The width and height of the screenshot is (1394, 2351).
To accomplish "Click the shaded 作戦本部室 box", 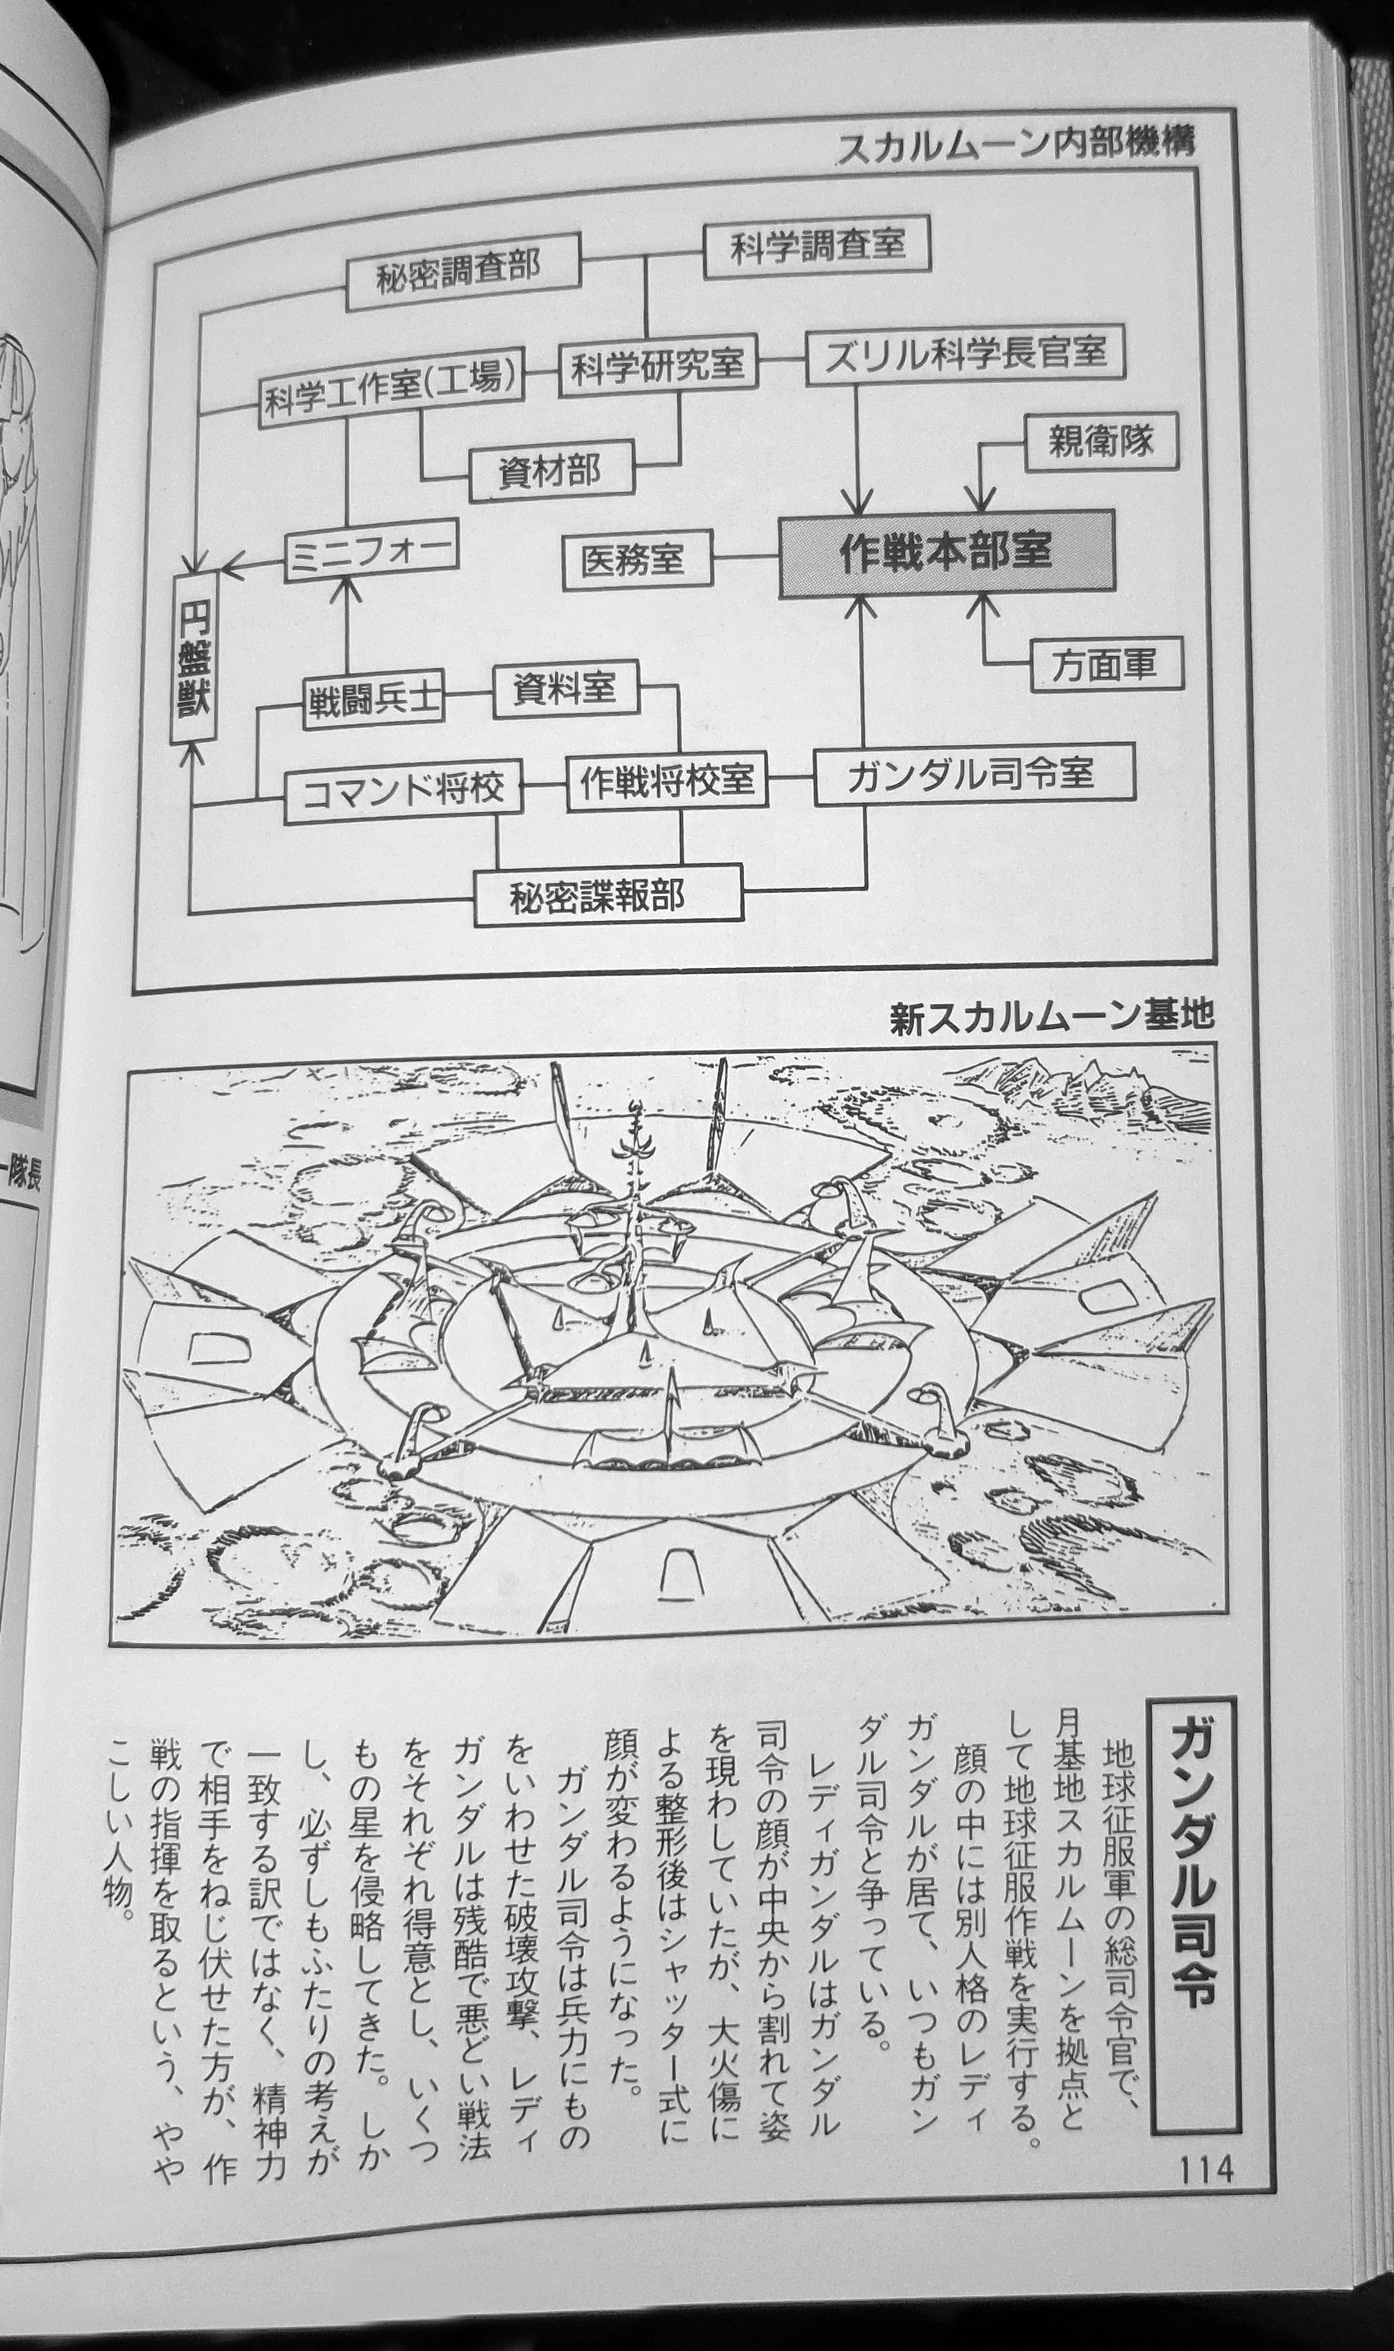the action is (x=946, y=553).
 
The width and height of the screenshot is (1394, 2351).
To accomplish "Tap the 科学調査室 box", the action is (x=817, y=246).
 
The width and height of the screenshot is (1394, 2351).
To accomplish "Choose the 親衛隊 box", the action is (x=1100, y=441).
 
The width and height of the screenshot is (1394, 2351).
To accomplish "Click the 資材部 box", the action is (x=551, y=470).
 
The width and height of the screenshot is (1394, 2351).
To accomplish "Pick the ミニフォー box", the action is (x=371, y=550).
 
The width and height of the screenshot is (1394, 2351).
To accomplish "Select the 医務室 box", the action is (x=637, y=561).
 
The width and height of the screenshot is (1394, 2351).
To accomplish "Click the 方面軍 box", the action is (x=1104, y=665).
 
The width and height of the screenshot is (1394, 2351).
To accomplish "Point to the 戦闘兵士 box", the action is (x=373, y=699).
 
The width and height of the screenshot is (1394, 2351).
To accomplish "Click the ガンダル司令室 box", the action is (x=973, y=773).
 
